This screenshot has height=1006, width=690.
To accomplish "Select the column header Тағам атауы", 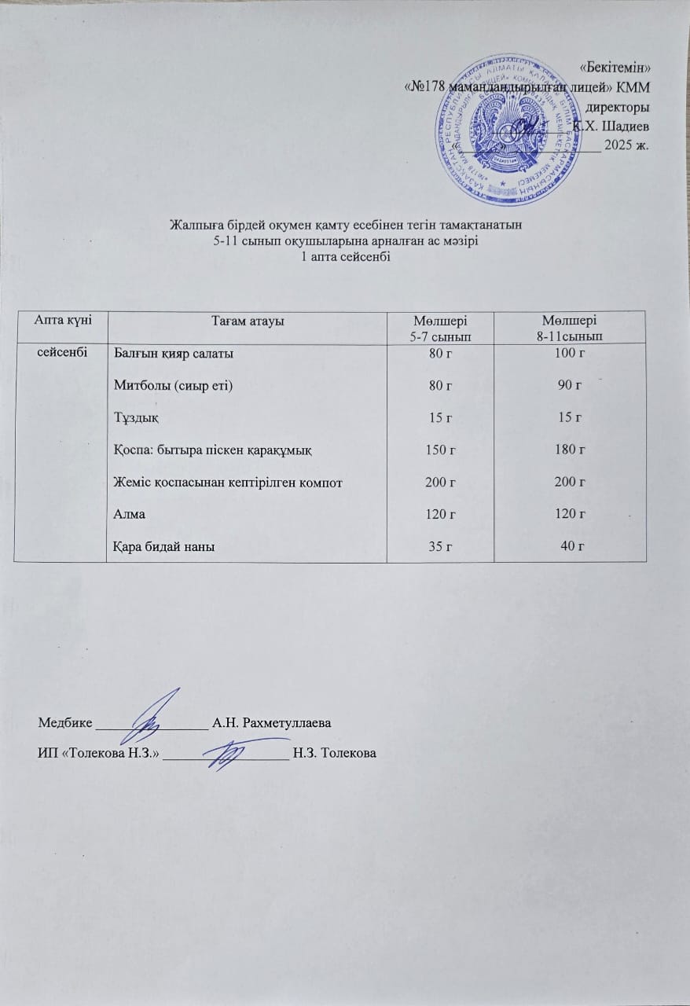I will (x=248, y=321).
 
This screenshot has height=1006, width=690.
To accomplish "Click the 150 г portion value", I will (x=440, y=450).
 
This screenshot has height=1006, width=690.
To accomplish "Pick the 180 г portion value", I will (x=569, y=450).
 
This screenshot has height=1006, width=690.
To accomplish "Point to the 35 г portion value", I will (x=440, y=546).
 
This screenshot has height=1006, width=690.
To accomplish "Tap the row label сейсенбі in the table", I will (x=60, y=353).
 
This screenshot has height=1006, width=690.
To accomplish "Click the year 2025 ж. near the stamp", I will (x=627, y=146).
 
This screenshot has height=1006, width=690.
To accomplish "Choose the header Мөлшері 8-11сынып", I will (x=569, y=327).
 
